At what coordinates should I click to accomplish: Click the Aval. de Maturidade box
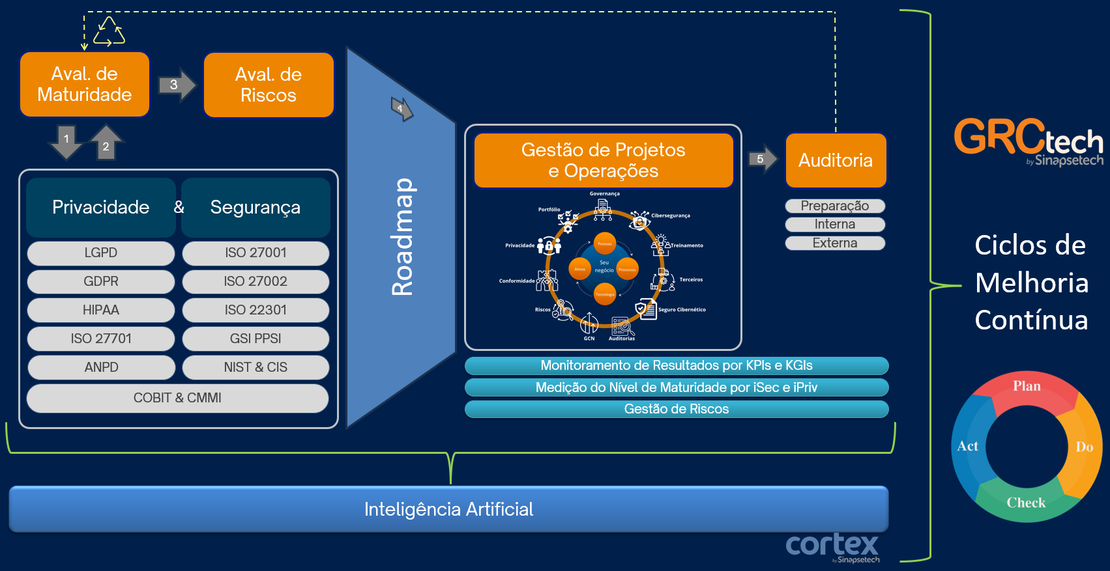tap(85, 85)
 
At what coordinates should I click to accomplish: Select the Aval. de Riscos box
tap(269, 85)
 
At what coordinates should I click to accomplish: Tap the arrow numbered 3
tap(176, 85)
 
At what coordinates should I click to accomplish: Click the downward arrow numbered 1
tap(66, 142)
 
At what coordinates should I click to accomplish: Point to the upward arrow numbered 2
tap(106, 142)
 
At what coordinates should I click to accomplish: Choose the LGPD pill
tap(101, 253)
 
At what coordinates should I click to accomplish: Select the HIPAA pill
tap(101, 311)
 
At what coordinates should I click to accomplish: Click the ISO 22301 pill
tap(256, 311)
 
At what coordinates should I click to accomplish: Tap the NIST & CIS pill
tap(256, 368)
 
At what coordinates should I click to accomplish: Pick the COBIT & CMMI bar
tap(177, 398)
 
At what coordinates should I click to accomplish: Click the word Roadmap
tap(403, 237)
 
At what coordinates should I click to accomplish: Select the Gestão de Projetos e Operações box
tap(604, 161)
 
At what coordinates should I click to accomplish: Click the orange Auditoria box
tap(836, 161)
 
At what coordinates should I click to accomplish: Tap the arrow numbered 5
tap(762, 159)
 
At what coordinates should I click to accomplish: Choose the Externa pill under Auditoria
tap(835, 244)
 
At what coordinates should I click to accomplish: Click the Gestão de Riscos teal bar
tap(677, 410)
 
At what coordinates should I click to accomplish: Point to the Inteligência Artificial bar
tap(448, 509)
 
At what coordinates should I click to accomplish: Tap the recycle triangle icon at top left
tap(109, 32)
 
